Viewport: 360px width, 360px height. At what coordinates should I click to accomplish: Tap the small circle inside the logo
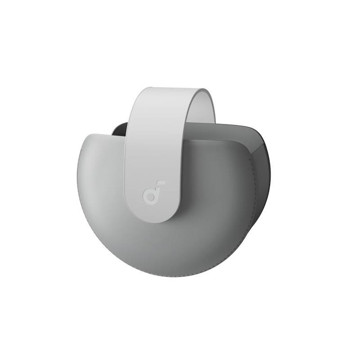[149, 197]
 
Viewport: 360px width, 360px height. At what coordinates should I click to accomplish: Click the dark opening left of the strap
[118, 129]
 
